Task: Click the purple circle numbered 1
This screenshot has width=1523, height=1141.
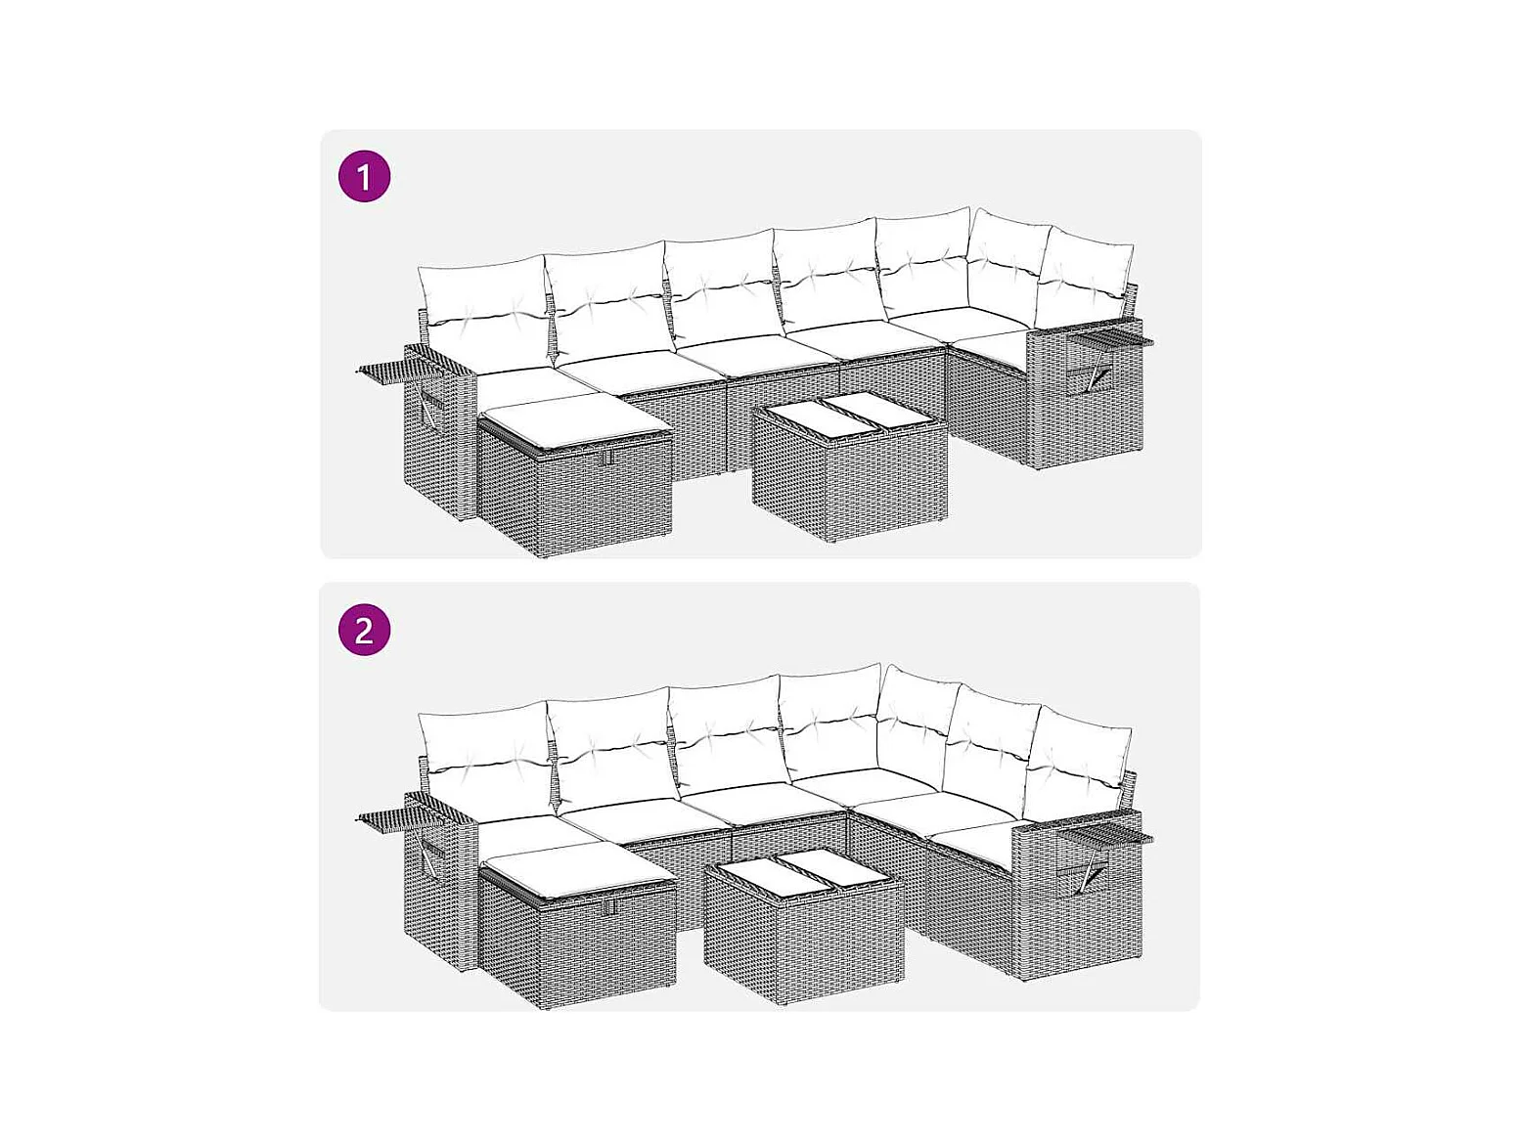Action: click(x=364, y=176)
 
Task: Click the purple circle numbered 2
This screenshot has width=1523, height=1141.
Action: click(x=364, y=630)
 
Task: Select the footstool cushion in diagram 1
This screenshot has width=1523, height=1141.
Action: click(x=574, y=422)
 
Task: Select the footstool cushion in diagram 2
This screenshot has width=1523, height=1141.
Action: click(x=577, y=874)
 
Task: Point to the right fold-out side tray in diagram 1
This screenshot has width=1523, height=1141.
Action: click(x=1110, y=338)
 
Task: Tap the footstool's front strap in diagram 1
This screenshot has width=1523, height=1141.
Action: click(x=608, y=457)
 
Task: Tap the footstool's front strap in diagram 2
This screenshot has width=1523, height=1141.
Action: click(x=610, y=907)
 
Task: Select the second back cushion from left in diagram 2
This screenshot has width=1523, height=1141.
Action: click(x=612, y=747)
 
